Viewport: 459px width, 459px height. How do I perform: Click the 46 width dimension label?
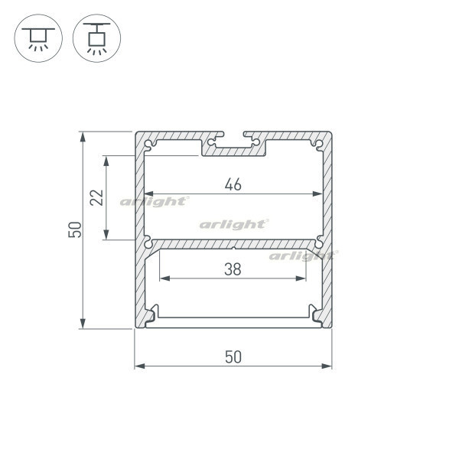(x=233, y=184)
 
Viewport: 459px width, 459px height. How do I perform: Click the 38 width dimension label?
(x=233, y=269)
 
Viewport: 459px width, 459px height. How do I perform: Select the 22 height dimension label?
(x=97, y=197)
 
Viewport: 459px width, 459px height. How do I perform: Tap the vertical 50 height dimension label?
(x=75, y=229)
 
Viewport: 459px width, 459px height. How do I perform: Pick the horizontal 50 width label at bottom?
(x=233, y=356)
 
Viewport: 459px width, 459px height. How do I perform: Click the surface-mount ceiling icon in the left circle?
(x=38, y=38)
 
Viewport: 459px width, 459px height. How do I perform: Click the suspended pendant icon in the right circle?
(x=96, y=38)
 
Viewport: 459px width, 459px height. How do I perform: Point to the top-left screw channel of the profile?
(x=149, y=145)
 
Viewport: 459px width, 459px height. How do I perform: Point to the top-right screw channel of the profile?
(x=318, y=145)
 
